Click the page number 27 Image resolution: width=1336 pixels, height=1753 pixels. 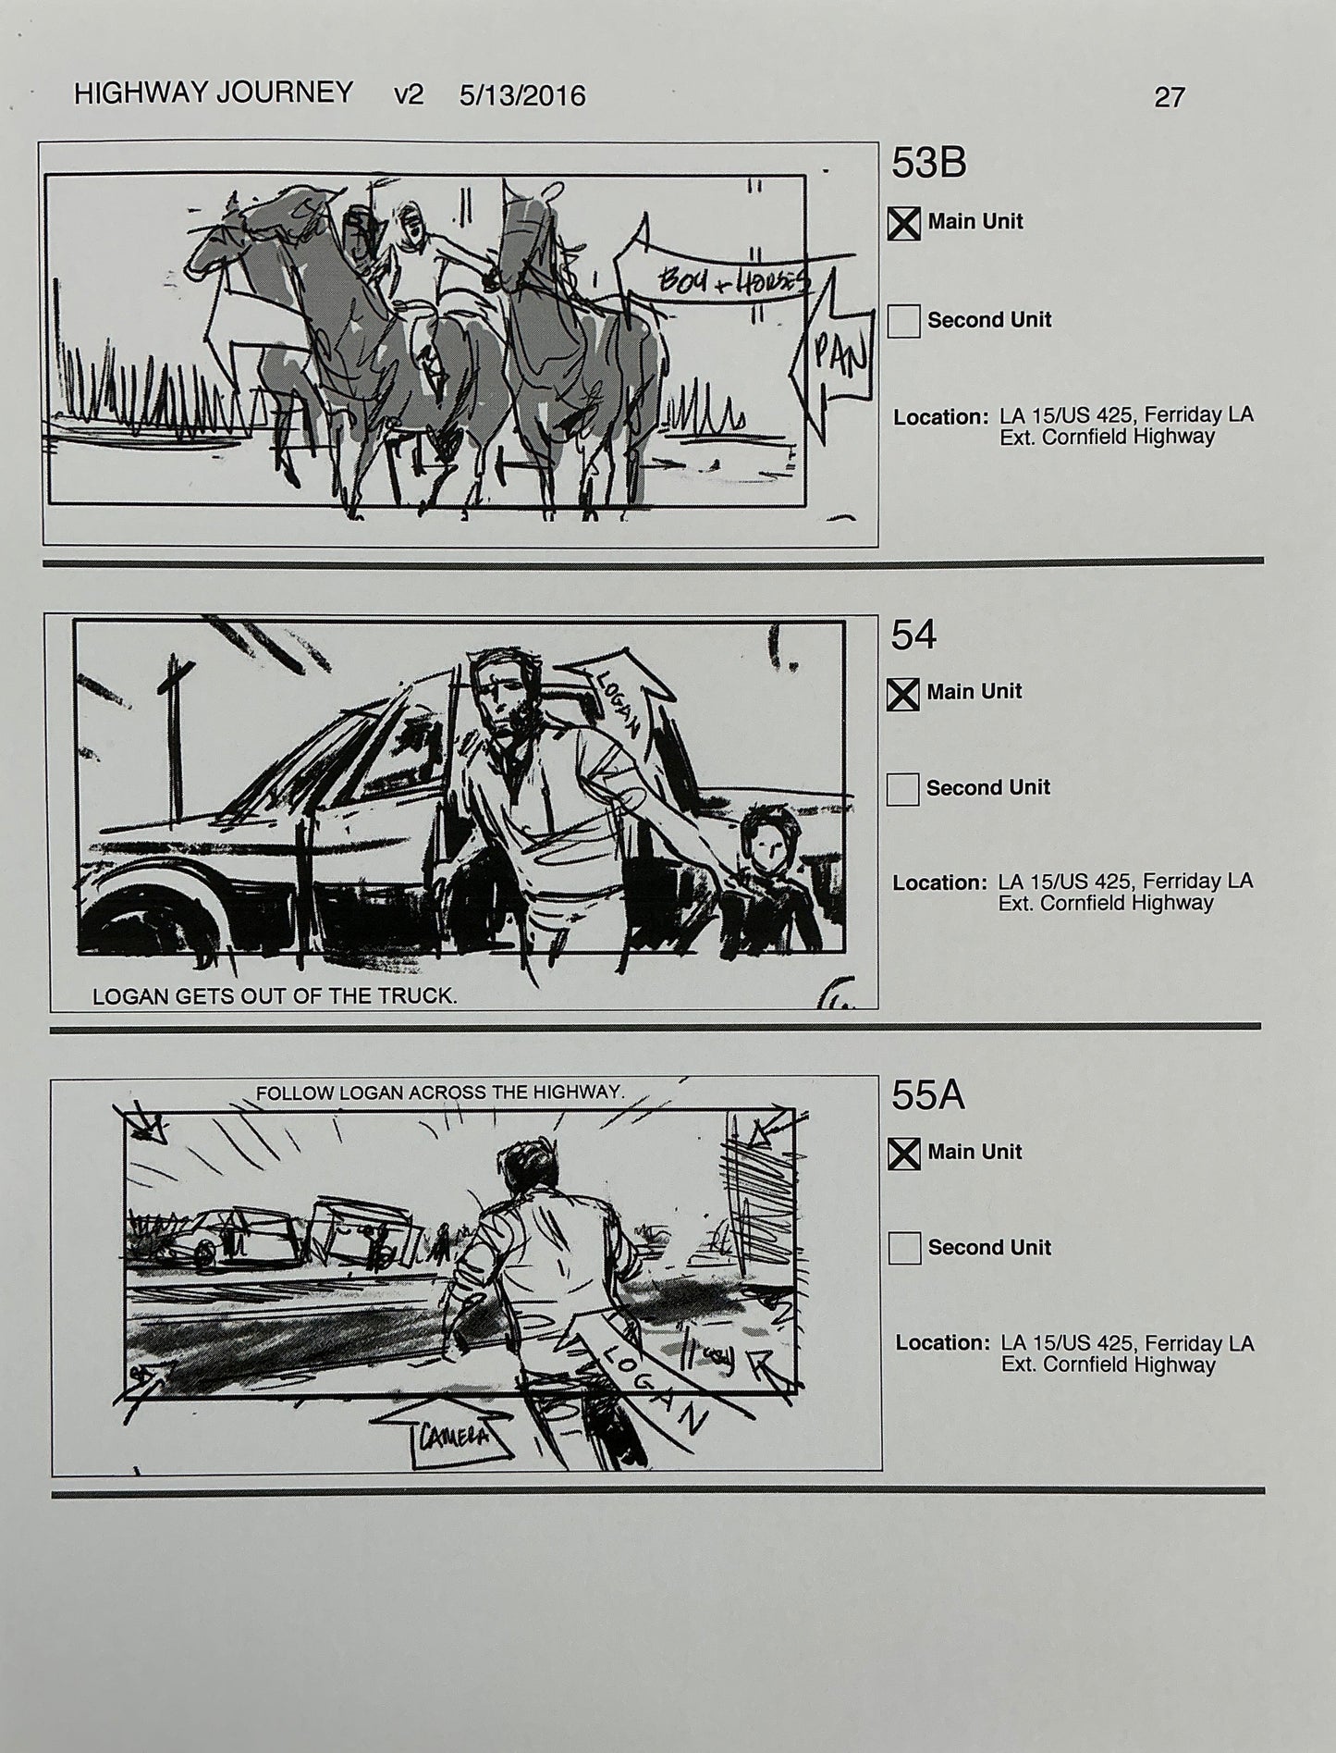[1169, 97]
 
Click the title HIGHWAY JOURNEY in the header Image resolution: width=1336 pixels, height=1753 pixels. [213, 93]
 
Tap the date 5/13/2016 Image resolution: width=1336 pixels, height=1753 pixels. [522, 96]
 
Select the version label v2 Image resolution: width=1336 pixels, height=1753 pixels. [409, 95]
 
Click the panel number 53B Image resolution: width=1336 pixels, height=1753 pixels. [928, 164]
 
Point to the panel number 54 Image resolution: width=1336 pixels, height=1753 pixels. [913, 636]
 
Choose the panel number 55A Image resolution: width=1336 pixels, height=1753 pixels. [927, 1096]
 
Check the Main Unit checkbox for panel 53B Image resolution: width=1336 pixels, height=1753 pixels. [903, 223]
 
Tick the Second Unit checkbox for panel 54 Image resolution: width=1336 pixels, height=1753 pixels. [902, 789]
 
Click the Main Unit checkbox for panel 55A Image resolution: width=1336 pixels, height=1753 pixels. [903, 1154]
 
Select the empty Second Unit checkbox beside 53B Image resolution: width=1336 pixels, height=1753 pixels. [903, 321]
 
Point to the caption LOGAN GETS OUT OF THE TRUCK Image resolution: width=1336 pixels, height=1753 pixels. [275, 996]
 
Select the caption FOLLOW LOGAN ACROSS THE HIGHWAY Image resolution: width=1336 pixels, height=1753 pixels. [440, 1093]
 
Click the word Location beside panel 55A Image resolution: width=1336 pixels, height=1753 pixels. [940, 1343]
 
